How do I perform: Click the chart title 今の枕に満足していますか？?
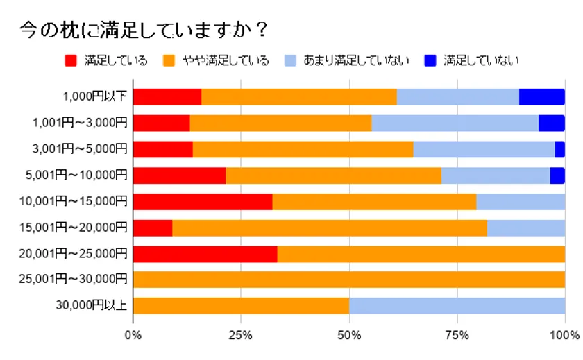click(x=143, y=30)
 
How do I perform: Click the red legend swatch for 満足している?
click(x=69, y=60)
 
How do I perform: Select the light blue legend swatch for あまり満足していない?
click(x=290, y=60)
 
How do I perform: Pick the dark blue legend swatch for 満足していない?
click(x=430, y=60)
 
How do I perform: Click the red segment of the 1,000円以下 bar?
click(x=167, y=97)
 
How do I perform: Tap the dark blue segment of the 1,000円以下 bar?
click(x=541, y=97)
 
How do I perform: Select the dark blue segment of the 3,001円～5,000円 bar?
click(x=559, y=149)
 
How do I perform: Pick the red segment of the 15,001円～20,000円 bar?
click(x=152, y=228)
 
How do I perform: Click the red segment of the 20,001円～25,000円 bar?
click(x=205, y=254)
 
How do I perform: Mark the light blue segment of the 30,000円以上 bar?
click(x=457, y=306)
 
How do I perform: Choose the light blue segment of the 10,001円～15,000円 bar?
click(x=521, y=202)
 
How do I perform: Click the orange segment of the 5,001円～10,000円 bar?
click(x=333, y=175)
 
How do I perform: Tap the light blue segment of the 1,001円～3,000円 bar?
click(x=455, y=123)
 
